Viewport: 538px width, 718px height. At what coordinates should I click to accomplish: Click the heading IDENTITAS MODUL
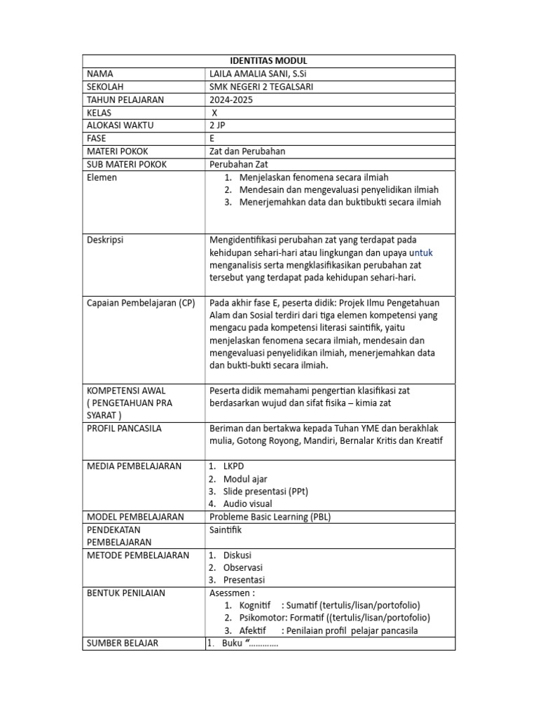tap(268, 61)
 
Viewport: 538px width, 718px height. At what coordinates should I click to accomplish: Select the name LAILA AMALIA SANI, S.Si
tap(260, 74)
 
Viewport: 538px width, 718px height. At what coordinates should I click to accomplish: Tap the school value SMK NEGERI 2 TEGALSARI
tap(261, 87)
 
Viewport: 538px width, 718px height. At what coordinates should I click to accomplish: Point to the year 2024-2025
tap(231, 100)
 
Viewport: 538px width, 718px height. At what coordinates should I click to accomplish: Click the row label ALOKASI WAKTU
tap(120, 126)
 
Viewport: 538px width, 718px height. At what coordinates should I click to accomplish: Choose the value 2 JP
tap(218, 126)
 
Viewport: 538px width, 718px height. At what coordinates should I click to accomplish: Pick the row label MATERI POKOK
tap(117, 151)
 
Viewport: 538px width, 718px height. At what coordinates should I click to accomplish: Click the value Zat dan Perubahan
tap(247, 151)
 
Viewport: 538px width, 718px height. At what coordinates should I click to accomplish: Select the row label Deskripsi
tap(105, 240)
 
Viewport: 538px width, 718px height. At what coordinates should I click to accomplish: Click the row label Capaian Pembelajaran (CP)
tap(141, 303)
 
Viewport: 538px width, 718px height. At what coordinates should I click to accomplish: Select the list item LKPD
tap(234, 466)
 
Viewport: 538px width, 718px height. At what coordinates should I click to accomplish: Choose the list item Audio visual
tap(248, 504)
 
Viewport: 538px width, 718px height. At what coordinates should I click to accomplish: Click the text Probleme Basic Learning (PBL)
tap(270, 517)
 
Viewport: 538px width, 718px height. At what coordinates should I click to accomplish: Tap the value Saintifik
tap(226, 530)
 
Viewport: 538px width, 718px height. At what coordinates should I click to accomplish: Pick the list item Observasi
tap(243, 568)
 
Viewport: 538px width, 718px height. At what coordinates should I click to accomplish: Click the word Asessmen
tap(232, 593)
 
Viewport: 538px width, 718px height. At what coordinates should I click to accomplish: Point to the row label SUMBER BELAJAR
tap(122, 643)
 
